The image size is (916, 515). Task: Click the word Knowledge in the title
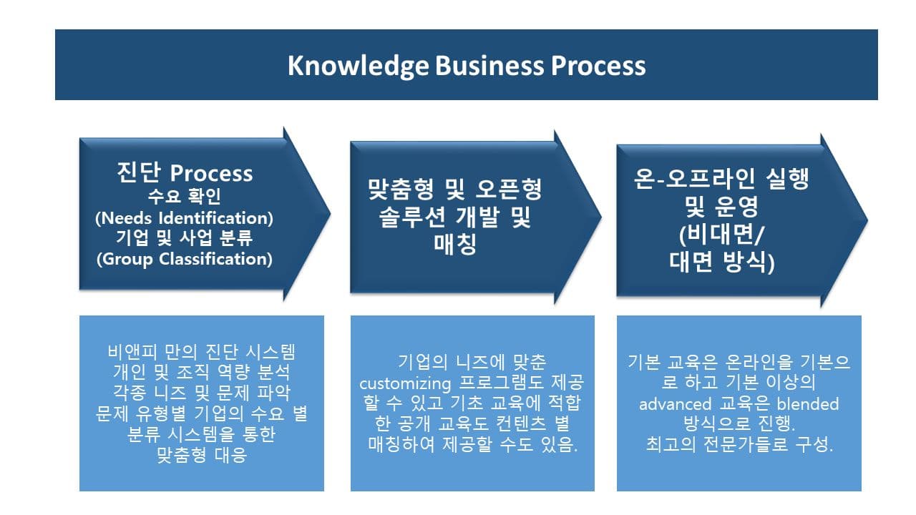(x=359, y=66)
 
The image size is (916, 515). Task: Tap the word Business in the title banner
(x=489, y=66)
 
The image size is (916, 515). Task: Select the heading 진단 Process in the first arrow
(x=185, y=172)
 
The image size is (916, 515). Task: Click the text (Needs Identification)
(x=185, y=218)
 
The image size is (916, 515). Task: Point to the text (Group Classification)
(x=185, y=259)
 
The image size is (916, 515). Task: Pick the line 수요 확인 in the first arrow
(x=185, y=196)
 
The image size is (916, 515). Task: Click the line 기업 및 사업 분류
(x=185, y=237)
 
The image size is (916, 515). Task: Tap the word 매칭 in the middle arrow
(x=455, y=244)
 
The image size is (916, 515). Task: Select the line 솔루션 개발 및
(x=455, y=217)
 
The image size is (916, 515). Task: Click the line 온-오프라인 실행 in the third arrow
(x=721, y=178)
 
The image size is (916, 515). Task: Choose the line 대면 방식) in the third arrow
(x=722, y=262)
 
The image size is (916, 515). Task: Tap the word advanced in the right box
(x=675, y=404)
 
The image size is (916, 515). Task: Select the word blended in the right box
(x=808, y=404)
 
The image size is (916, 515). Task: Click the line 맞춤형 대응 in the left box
(x=202, y=454)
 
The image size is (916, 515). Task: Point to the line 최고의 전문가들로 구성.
(x=739, y=444)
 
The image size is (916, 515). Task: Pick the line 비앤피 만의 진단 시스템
(x=202, y=351)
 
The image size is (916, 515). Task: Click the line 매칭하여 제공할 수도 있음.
(x=473, y=444)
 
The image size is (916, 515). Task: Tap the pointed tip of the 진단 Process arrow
(x=330, y=213)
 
